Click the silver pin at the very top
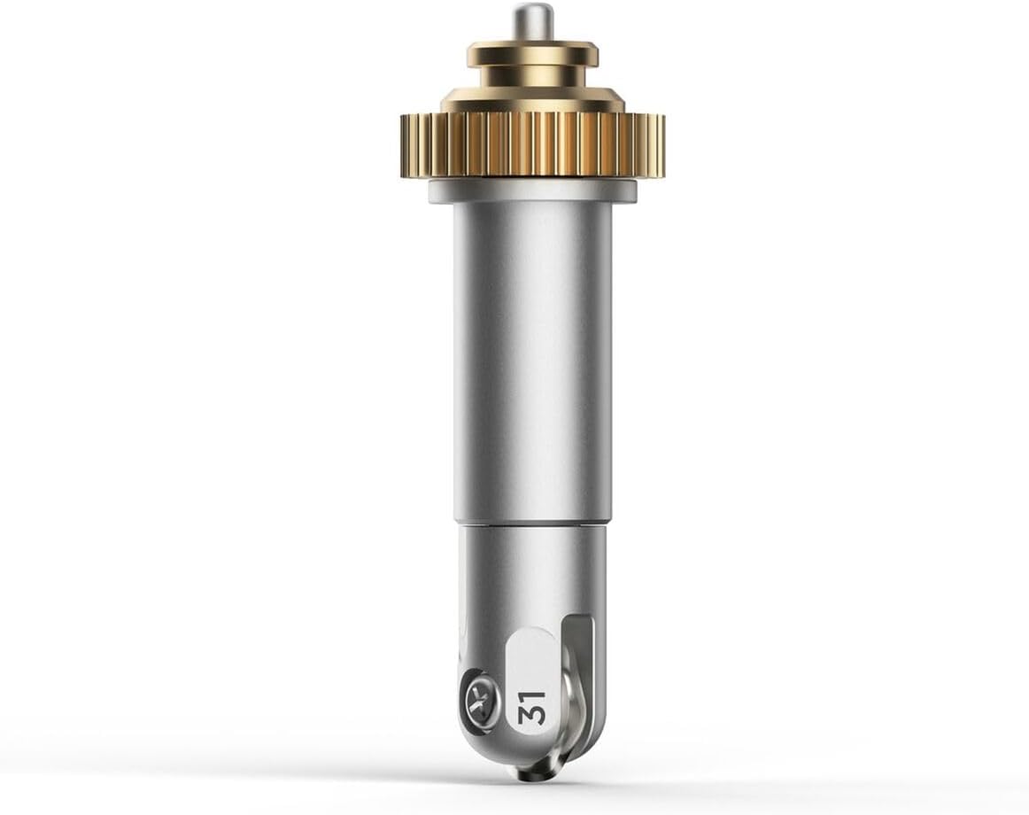pos(531,22)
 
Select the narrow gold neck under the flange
pos(532,77)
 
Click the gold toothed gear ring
pos(532,144)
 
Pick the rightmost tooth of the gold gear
pos(661,144)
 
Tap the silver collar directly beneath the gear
pos(532,190)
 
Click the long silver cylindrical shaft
pos(532,361)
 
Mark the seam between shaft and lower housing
pos(532,524)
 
